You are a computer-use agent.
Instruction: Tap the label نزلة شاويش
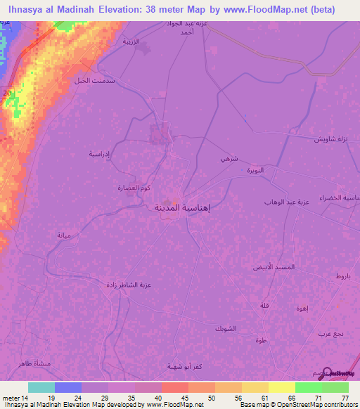[331, 139]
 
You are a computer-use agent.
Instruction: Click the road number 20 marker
[6, 93]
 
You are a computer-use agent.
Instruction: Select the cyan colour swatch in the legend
[41, 387]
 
